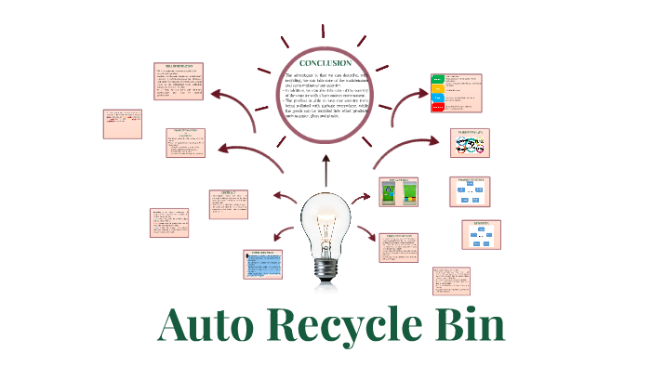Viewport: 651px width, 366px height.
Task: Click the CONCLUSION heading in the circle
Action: click(x=325, y=63)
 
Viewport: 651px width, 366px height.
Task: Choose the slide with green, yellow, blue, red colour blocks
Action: click(x=458, y=93)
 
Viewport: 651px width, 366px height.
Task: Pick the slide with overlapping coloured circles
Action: click(x=475, y=143)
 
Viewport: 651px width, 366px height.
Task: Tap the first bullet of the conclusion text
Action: click(x=325, y=78)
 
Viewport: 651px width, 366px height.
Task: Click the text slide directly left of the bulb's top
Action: click(x=229, y=203)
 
